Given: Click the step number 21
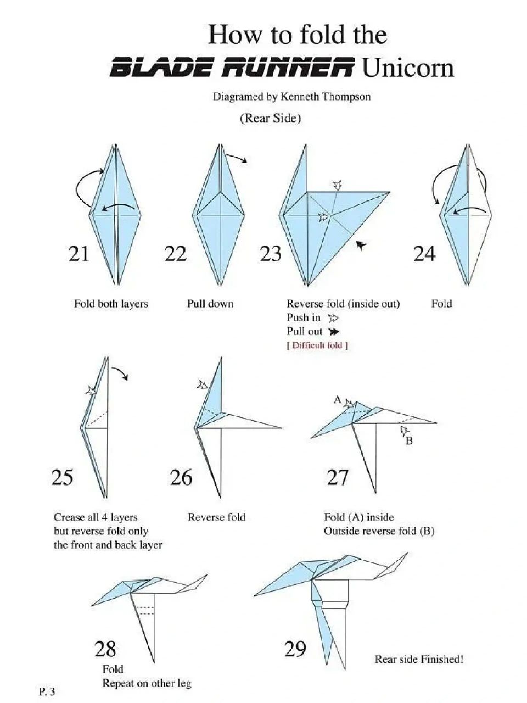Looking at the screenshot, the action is pyautogui.click(x=79, y=254).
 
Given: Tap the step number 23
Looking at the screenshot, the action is pyautogui.click(x=271, y=254).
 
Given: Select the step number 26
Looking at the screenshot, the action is pyautogui.click(x=181, y=477).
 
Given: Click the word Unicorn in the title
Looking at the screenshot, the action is pyautogui.click(x=408, y=67).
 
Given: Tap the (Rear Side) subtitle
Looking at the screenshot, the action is pyautogui.click(x=271, y=118).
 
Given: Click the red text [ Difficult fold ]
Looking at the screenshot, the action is pyautogui.click(x=317, y=345).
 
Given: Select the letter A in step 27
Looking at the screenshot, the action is pyautogui.click(x=338, y=399).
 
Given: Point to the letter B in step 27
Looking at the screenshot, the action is pyautogui.click(x=410, y=441).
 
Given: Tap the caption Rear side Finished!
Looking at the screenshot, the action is pyautogui.click(x=419, y=659).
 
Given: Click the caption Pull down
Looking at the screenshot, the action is pyautogui.click(x=210, y=304).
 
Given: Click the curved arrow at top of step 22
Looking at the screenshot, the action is pyautogui.click(x=237, y=157).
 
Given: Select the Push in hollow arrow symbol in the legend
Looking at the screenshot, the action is pyautogui.click(x=333, y=319).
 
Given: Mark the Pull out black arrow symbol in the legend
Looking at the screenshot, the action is pyautogui.click(x=333, y=332).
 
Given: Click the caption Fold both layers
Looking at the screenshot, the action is pyautogui.click(x=111, y=304).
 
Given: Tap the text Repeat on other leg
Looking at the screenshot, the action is pyautogui.click(x=147, y=683).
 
